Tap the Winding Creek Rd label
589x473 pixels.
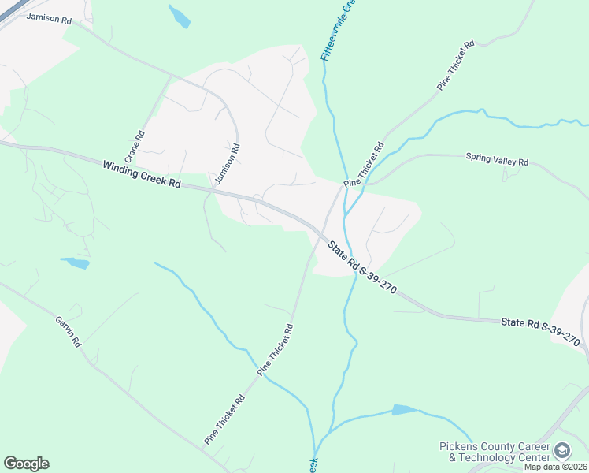click(x=142, y=174)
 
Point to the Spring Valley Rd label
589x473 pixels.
click(x=496, y=160)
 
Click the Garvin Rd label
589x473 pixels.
click(x=68, y=333)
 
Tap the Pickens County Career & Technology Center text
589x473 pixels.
click(x=495, y=452)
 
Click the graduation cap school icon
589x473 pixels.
click(x=562, y=451)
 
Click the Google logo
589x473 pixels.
click(x=26, y=464)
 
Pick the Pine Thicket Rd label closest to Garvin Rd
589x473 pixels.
click(x=225, y=419)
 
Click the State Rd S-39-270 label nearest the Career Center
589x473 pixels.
click(x=541, y=332)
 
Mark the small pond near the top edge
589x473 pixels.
click(x=180, y=17)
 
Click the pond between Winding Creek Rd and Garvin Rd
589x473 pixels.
click(x=76, y=263)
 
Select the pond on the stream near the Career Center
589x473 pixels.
click(x=403, y=410)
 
